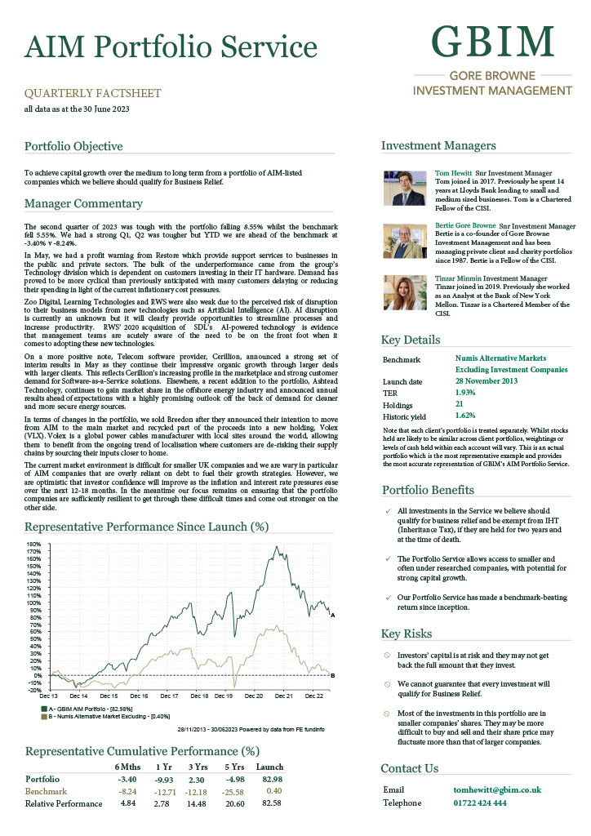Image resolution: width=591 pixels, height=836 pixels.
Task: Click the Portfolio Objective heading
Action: click(73, 147)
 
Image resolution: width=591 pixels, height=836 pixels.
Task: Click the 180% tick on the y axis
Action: click(33, 545)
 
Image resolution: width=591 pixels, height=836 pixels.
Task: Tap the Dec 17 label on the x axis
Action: click(169, 696)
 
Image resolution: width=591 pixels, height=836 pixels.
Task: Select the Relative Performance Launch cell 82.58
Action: click(270, 803)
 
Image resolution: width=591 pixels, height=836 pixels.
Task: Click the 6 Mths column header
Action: click(127, 767)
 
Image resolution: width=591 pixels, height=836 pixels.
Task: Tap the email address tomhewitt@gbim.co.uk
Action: click(497, 790)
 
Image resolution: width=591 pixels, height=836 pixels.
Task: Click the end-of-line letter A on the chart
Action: click(333, 615)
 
